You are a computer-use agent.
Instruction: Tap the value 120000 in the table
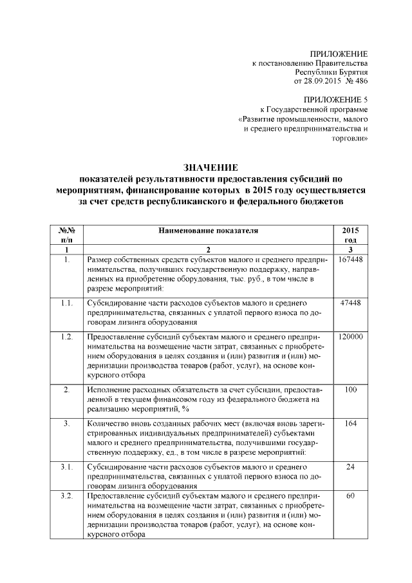[x=350, y=337]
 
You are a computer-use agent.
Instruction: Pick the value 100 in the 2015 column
[x=350, y=390]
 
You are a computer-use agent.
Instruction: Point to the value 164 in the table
[x=350, y=425]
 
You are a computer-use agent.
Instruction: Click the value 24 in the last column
[x=350, y=466]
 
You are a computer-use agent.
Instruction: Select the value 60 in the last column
[x=350, y=496]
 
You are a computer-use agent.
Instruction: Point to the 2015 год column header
[x=350, y=234]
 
